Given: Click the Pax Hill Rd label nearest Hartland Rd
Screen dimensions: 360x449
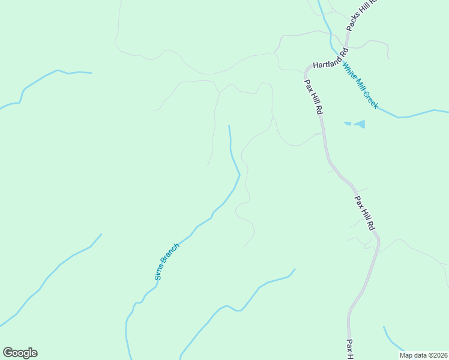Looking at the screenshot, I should [x=313, y=97].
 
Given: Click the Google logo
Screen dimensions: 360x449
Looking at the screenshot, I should [x=20, y=353].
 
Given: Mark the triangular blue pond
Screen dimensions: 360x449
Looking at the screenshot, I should [x=359, y=124].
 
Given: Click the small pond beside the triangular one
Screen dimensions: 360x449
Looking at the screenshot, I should [x=346, y=124].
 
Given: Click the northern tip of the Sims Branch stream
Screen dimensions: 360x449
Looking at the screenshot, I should [x=229, y=126].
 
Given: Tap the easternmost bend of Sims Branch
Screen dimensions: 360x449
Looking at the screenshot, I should [x=240, y=175].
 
